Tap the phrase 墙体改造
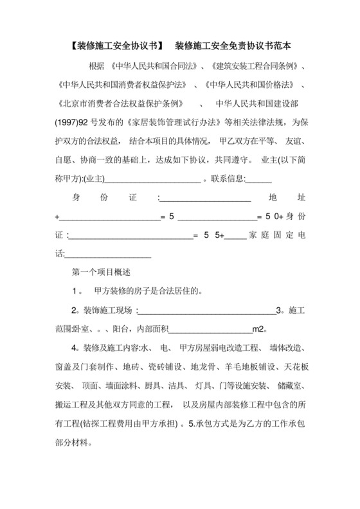point(286,348)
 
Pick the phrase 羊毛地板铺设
point(242,367)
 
